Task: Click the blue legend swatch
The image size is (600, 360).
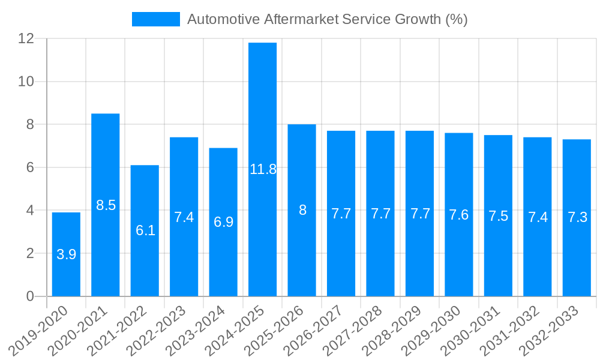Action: (x=156, y=19)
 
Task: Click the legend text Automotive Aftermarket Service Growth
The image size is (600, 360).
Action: (x=327, y=19)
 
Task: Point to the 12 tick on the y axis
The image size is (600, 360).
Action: (x=26, y=38)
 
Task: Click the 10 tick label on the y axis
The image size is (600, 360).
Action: (x=26, y=82)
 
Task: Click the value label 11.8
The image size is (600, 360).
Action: (x=263, y=169)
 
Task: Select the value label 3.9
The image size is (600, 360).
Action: (x=66, y=254)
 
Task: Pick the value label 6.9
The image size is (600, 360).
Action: (x=223, y=222)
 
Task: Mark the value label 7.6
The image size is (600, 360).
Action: (x=459, y=215)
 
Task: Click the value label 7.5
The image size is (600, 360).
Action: (x=498, y=216)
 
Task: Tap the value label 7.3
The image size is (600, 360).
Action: (x=577, y=218)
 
